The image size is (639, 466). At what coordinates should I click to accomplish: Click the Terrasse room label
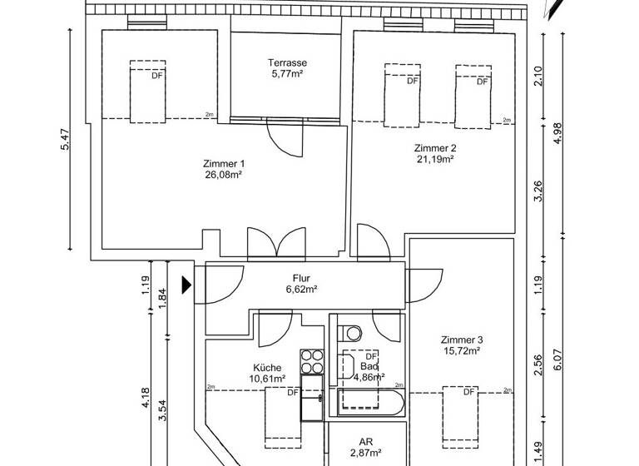[288, 63]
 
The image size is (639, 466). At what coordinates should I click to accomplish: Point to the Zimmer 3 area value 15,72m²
[462, 351]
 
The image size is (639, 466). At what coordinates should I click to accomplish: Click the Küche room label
[267, 367]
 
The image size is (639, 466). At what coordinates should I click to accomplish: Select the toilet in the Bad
[354, 333]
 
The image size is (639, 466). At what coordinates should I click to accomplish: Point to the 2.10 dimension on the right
[537, 77]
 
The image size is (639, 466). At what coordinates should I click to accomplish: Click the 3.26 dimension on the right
[537, 192]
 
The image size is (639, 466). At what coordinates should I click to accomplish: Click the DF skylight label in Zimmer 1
[156, 76]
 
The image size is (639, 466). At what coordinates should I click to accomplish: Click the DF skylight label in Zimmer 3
[468, 392]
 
